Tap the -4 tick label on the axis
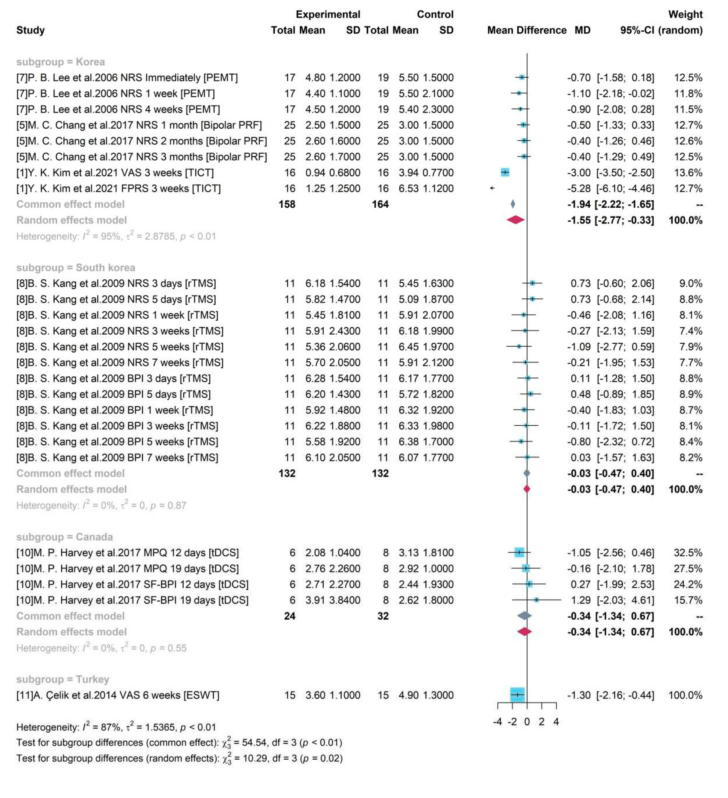point(497,722)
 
